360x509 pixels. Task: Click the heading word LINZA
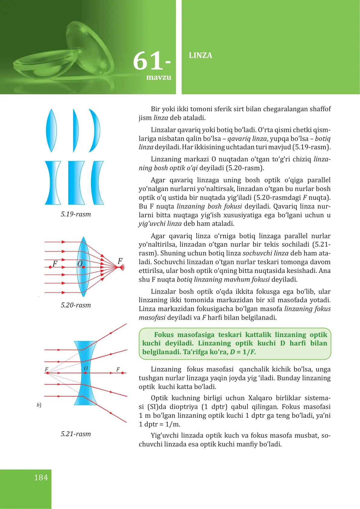[200, 56]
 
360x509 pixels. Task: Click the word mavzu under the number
[159, 77]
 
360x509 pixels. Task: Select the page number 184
[41, 478]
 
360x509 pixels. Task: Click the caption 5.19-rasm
[76, 214]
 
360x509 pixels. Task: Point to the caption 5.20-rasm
[76, 305]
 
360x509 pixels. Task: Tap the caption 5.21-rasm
[76, 434]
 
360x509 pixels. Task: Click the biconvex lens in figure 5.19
[51, 131]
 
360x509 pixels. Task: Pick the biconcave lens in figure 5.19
[53, 183]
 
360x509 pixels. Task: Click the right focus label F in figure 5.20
[120, 261]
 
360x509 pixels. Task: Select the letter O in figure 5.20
[80, 264]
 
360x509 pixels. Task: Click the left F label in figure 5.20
[55, 264]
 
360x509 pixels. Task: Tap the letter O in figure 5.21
[86, 368]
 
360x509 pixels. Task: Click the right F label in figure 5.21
[118, 369]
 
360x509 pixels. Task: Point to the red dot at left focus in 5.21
[47, 373]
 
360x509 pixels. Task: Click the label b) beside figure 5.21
[39, 405]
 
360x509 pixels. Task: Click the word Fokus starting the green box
[164, 335]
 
